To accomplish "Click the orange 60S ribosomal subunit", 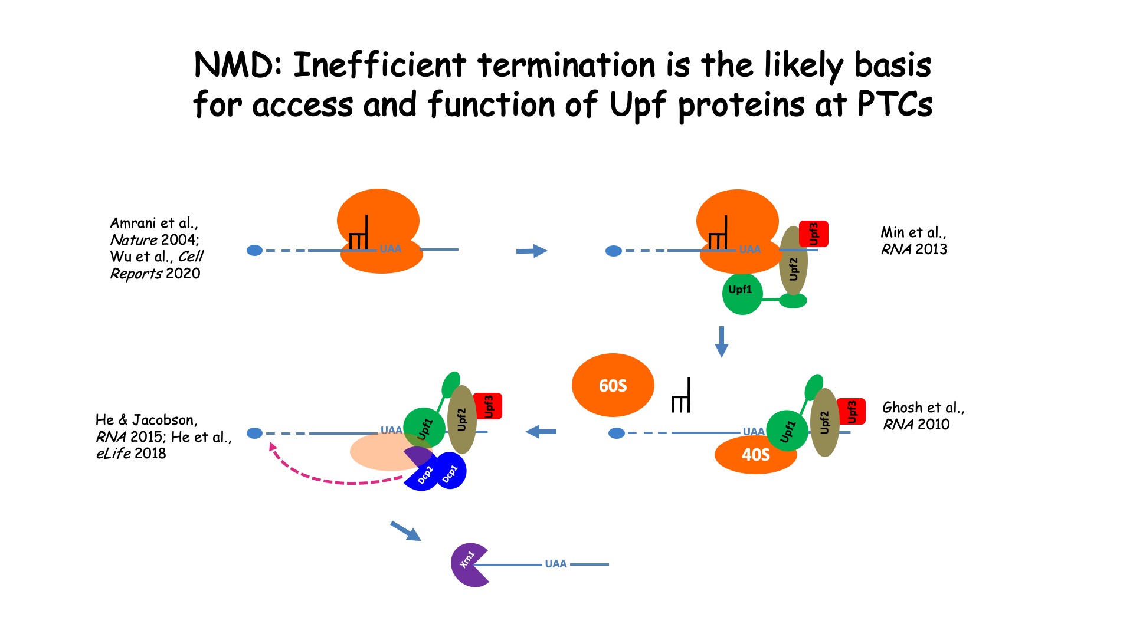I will pyautogui.click(x=613, y=385).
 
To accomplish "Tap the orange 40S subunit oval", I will pyautogui.click(x=755, y=455).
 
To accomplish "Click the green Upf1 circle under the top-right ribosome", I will pyautogui.click(x=742, y=293).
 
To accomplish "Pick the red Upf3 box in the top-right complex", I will pyautogui.click(x=813, y=234).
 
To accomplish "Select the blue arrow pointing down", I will pyautogui.click(x=721, y=342).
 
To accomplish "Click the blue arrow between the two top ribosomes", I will pyautogui.click(x=532, y=251).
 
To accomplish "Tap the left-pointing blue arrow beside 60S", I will pyautogui.click(x=541, y=432).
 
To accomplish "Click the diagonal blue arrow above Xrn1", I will pyautogui.click(x=406, y=531).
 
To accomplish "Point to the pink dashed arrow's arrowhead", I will pyautogui.click(x=273, y=447).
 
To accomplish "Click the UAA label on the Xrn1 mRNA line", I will pyautogui.click(x=556, y=564).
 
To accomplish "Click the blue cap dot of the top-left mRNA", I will pyautogui.click(x=254, y=250).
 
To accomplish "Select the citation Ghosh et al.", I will pyautogui.click(x=923, y=408).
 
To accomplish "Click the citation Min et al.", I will pyautogui.click(x=913, y=232).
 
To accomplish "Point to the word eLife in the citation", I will pyautogui.click(x=113, y=454).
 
